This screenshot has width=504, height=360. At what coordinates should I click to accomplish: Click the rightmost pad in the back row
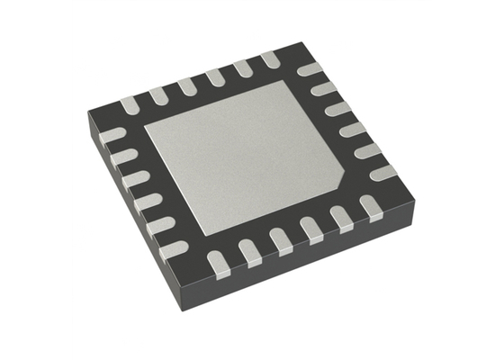[271, 59]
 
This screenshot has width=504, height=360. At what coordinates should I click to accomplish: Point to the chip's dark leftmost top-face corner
[88, 115]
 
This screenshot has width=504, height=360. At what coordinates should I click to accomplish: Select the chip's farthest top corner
[286, 45]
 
